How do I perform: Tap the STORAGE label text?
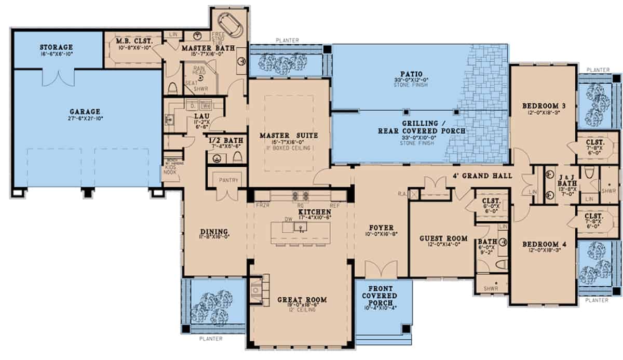tap(56, 48)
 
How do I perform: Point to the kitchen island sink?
tap(300, 227)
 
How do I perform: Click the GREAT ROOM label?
tap(302, 300)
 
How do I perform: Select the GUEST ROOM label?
tap(443, 238)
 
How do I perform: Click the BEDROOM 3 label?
tap(543, 106)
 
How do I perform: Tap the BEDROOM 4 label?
tap(543, 244)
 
